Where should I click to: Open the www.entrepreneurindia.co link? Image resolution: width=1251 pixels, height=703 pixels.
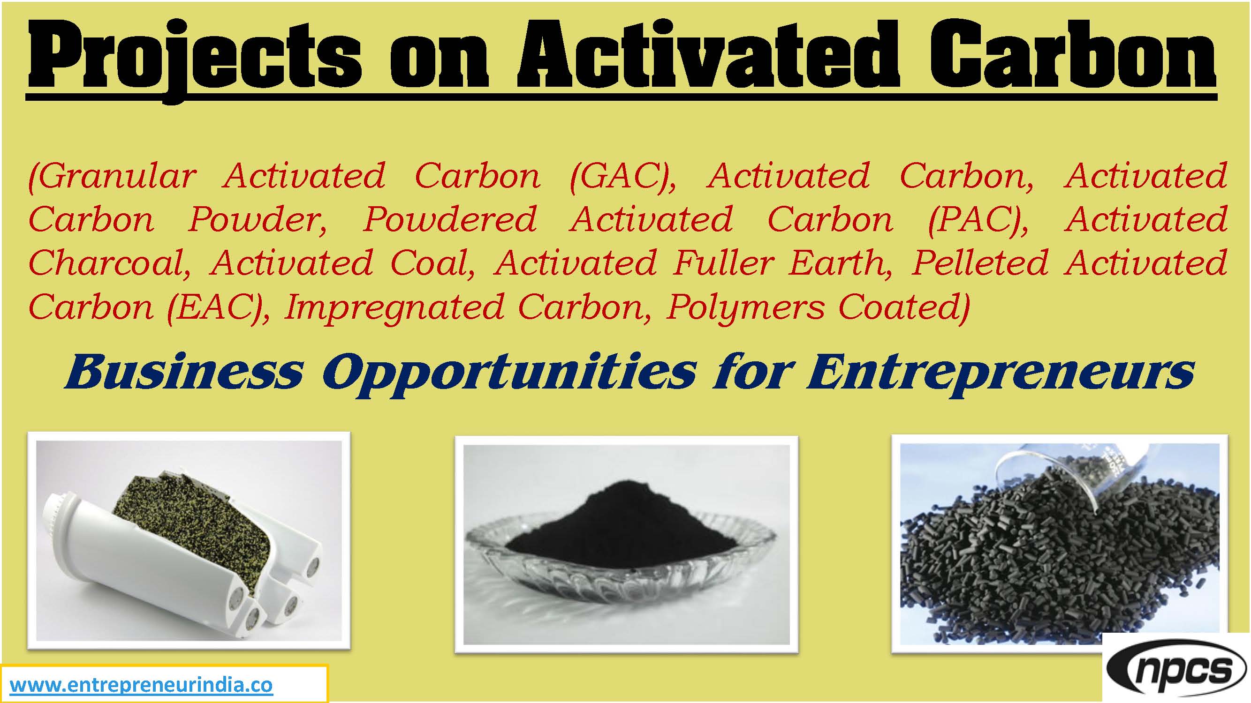[141, 685]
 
